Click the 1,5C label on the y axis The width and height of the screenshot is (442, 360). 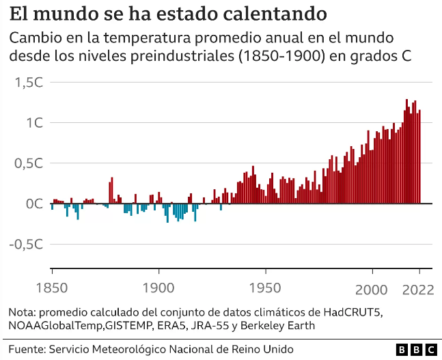tap(28, 83)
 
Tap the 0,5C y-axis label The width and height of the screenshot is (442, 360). tap(28, 163)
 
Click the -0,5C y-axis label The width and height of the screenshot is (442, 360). tap(25, 244)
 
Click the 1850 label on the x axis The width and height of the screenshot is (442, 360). tap(52, 289)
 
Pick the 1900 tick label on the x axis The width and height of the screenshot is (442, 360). tap(158, 289)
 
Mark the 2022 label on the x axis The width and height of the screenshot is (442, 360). tap(418, 289)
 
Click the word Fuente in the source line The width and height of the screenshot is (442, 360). tap(25, 349)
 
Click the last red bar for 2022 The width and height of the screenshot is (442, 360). tap(419, 157)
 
